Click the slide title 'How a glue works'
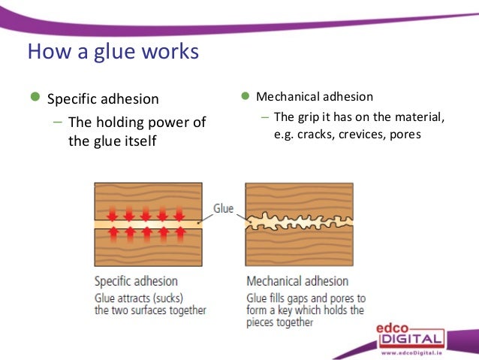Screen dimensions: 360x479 point(113,53)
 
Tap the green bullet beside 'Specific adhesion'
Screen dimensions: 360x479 point(34,98)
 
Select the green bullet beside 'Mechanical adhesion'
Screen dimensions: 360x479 point(245,96)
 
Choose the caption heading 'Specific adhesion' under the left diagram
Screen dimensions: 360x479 point(136,281)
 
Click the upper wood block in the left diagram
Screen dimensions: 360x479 point(148,197)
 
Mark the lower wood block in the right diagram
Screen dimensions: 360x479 point(298,251)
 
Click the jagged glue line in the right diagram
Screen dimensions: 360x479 point(298,222)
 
